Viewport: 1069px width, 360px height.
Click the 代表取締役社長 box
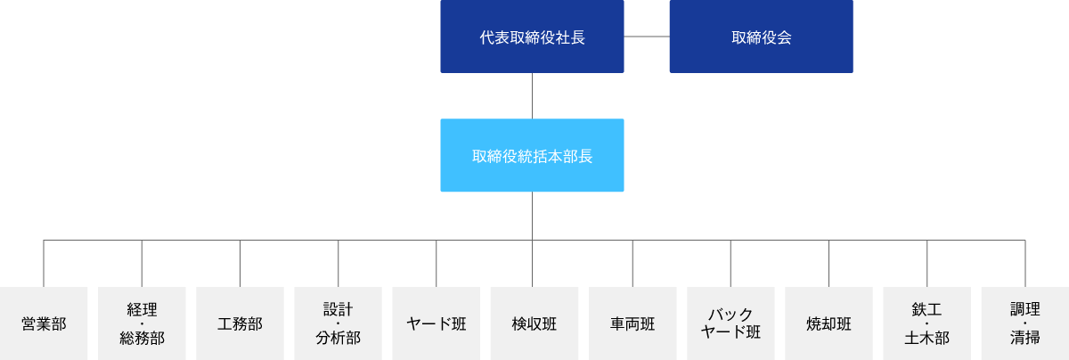coord(532,37)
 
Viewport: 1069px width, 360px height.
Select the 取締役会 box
coord(761,37)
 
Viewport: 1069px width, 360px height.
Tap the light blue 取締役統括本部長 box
coord(532,155)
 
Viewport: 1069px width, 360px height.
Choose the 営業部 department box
coord(44,323)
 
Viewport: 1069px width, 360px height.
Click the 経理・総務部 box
coord(142,323)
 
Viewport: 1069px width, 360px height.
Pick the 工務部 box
coord(240,323)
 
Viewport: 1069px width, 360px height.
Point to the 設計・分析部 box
coord(338,323)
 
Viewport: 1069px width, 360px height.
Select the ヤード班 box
coord(437,323)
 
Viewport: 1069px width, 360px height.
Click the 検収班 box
coord(534,323)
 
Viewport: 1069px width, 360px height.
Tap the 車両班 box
coord(632,323)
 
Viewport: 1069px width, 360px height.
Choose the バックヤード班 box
coord(730,323)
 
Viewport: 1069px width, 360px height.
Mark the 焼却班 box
coord(829,323)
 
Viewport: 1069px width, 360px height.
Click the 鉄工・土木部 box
coord(926,323)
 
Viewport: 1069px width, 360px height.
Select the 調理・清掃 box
coord(1025,323)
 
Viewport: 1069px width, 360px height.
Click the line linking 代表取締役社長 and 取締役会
coord(647,37)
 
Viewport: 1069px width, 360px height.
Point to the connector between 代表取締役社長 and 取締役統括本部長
coord(532,96)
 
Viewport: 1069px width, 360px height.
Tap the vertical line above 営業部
coord(44,264)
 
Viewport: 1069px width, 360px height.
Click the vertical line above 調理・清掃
coord(1025,264)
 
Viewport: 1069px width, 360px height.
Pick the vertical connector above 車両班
coord(632,264)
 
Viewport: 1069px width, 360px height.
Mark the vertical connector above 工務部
coord(240,264)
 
